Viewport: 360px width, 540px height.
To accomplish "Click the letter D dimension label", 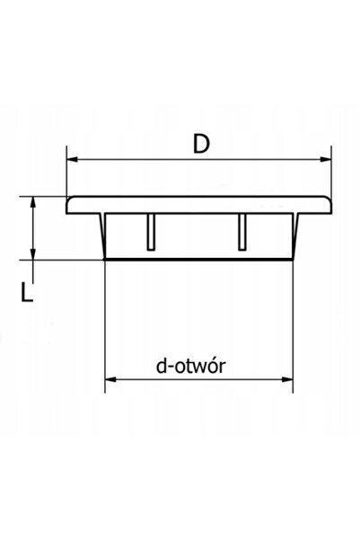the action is [201, 145].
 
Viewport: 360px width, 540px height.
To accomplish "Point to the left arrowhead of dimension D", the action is [73, 159].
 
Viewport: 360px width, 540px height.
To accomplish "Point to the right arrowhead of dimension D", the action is [326, 159].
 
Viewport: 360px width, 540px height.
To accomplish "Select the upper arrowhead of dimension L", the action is [32, 202].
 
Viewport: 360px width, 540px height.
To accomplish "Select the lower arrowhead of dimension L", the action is [32, 253].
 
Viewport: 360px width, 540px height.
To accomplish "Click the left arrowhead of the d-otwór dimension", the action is [110, 379].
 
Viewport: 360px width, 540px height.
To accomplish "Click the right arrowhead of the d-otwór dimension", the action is [287, 379].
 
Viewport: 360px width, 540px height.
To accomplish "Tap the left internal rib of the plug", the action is [151, 232].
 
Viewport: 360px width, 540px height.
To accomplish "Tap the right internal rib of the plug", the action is [242, 232].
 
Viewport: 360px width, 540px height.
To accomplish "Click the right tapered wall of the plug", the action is [295, 236].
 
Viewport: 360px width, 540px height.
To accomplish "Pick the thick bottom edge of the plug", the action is [198, 259].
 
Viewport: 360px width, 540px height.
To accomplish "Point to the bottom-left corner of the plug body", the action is [105, 259].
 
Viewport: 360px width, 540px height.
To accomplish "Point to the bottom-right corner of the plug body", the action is [293, 259].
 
